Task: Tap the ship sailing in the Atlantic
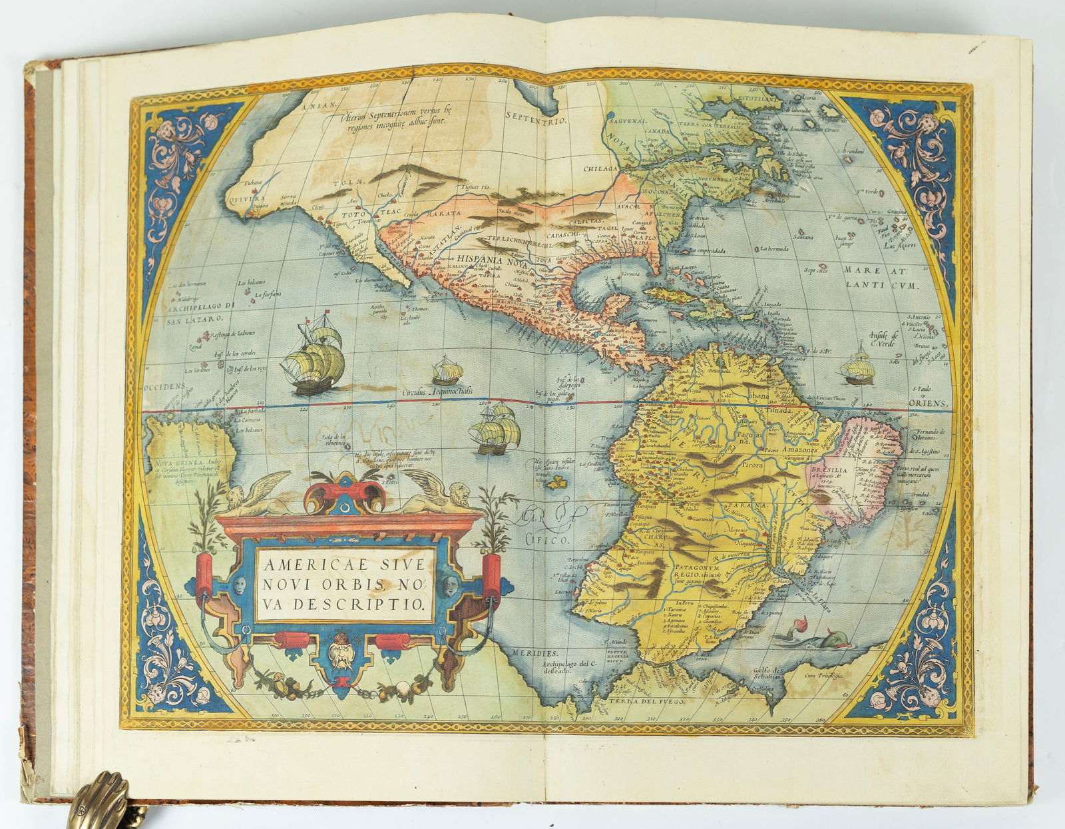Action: click(x=857, y=366)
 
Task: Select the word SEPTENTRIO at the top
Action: click(x=535, y=121)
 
